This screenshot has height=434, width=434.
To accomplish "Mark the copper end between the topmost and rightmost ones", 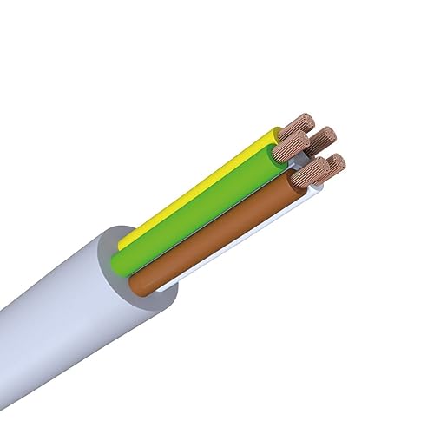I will [x=323, y=139].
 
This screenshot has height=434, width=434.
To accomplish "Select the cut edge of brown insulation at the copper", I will [x=290, y=178].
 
